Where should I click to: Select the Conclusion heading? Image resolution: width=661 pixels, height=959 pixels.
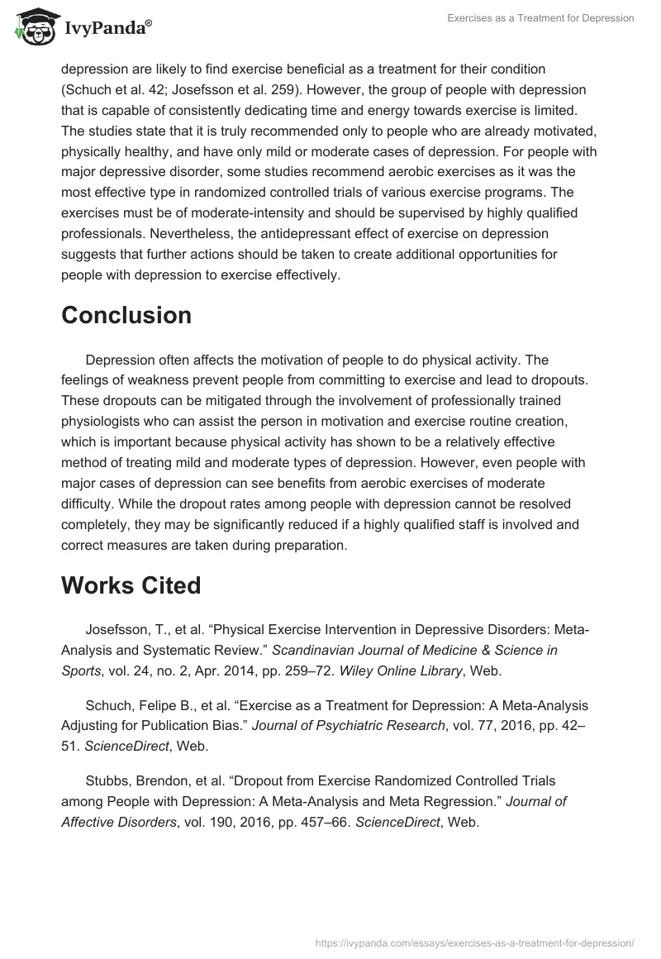click(126, 315)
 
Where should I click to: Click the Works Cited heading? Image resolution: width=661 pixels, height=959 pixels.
click(131, 585)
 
